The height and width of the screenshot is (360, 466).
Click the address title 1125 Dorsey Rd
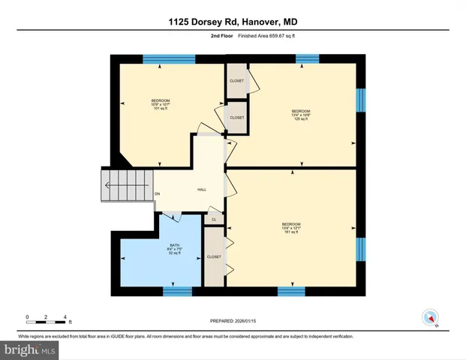pyautogui.click(x=232, y=23)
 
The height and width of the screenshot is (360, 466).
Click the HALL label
pyautogui.click(x=202, y=190)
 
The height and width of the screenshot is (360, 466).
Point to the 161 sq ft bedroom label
pyautogui.click(x=291, y=228)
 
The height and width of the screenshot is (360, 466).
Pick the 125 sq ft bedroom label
pyautogui.click(x=301, y=115)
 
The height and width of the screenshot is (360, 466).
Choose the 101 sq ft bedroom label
pyautogui.click(x=161, y=105)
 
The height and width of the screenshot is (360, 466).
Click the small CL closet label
pyautogui.click(x=214, y=219)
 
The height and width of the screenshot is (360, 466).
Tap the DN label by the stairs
pyautogui.click(x=158, y=195)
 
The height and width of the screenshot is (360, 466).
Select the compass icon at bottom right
pyautogui.click(x=430, y=317)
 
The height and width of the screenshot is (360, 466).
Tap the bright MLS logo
pyautogui.click(x=29, y=349)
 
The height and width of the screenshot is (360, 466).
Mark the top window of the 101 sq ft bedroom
pyautogui.click(x=169, y=58)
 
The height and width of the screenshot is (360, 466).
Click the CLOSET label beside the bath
pyautogui.click(x=214, y=256)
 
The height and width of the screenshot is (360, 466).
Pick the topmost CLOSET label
pyautogui.click(x=236, y=80)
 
